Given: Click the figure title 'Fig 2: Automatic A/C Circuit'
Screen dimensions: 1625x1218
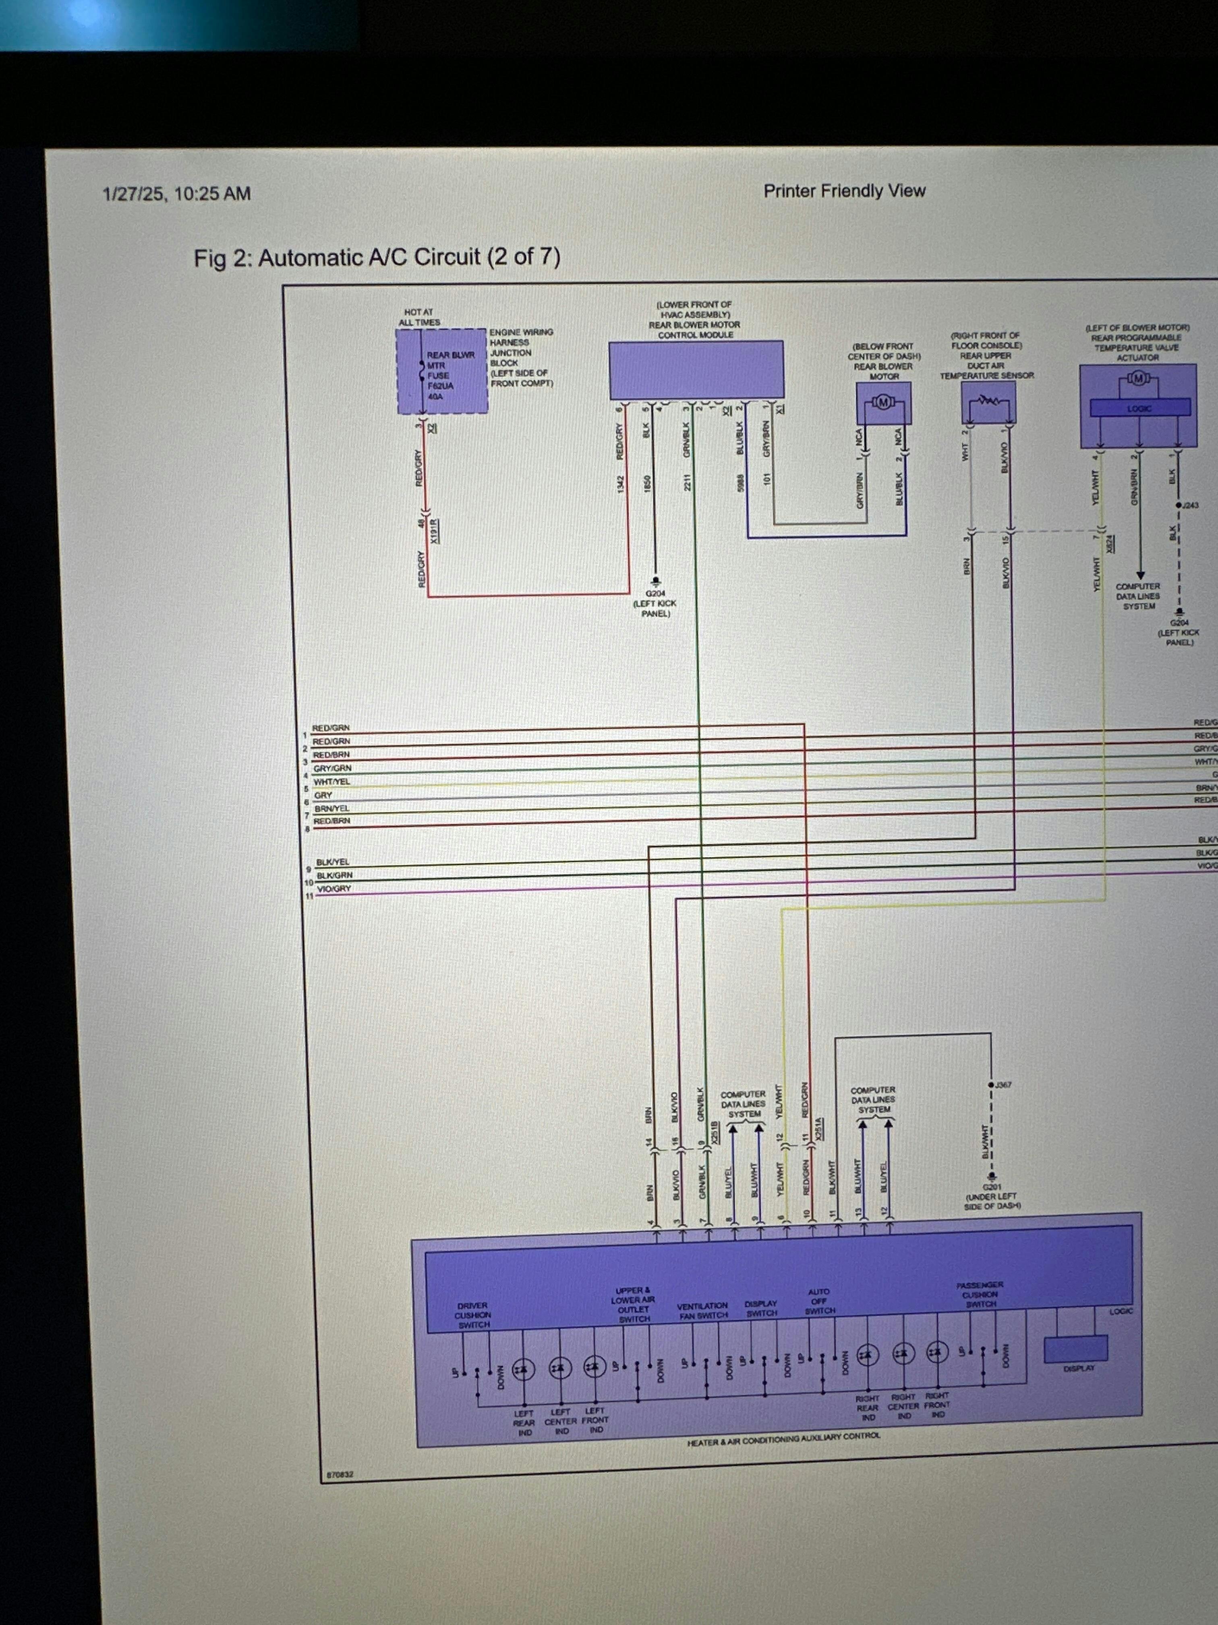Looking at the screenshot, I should [x=377, y=258].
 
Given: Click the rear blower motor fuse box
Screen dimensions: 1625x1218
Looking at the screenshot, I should [x=442, y=371].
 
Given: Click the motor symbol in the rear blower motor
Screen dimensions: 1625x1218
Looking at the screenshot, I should [x=883, y=402].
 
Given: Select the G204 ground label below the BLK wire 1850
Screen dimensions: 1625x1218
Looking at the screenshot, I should [x=655, y=594].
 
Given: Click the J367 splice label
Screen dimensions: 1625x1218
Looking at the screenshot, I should [x=1003, y=1084].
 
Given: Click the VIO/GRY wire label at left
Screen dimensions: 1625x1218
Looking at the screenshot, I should [x=333, y=889].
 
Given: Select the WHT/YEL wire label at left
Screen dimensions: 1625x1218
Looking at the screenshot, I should [x=332, y=781].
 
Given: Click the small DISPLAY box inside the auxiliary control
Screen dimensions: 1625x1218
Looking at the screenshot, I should [x=1075, y=1348].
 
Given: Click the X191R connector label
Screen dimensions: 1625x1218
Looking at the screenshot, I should [x=435, y=530].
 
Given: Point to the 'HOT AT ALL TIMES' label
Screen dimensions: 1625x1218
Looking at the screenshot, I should [x=419, y=317].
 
